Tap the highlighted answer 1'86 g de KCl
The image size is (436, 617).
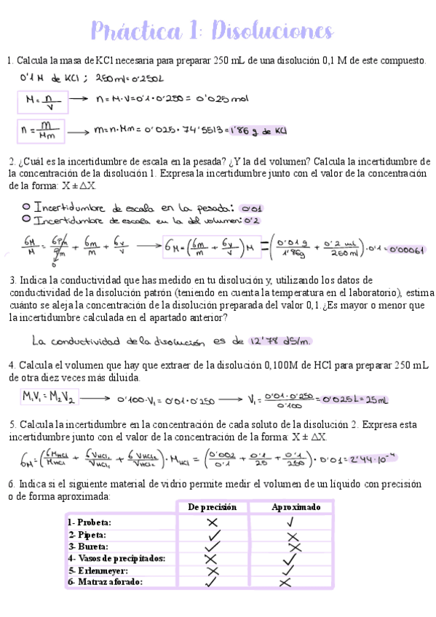[x=257, y=132]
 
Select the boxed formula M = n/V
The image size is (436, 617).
[x=43, y=100]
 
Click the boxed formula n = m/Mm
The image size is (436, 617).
[x=43, y=132]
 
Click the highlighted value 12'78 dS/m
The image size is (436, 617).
[x=278, y=340]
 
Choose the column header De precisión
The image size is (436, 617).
[x=213, y=507]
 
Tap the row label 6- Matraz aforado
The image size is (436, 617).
[x=106, y=582]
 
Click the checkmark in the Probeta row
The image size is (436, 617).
[x=291, y=522]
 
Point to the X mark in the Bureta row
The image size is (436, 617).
[x=294, y=546]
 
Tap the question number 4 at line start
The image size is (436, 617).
[x=11, y=365]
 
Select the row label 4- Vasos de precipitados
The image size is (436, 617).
[x=116, y=558]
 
